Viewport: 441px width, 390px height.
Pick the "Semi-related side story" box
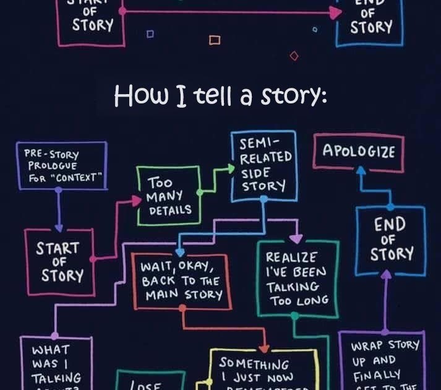pyautogui.click(x=263, y=165)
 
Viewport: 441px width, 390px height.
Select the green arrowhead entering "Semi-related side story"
pyautogui.click(x=226, y=166)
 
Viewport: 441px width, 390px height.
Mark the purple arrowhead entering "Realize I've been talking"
pyautogui.click(x=296, y=238)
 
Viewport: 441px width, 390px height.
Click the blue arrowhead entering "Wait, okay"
pyautogui.click(x=179, y=253)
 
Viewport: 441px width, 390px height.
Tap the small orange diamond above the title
pyautogui.click(x=294, y=56)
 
